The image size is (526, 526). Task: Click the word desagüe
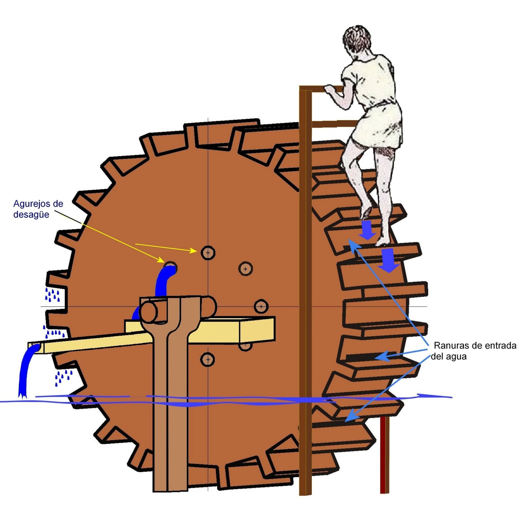(x=31, y=215)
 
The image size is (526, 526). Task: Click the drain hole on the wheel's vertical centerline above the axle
(x=208, y=253)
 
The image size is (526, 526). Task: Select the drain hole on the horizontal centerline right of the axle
(x=261, y=307)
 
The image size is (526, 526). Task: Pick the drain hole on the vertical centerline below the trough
(x=208, y=359)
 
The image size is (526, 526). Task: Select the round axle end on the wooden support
(x=149, y=312)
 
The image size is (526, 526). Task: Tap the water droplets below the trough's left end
(x=63, y=377)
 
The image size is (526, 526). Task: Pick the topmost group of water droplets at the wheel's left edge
(x=53, y=295)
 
